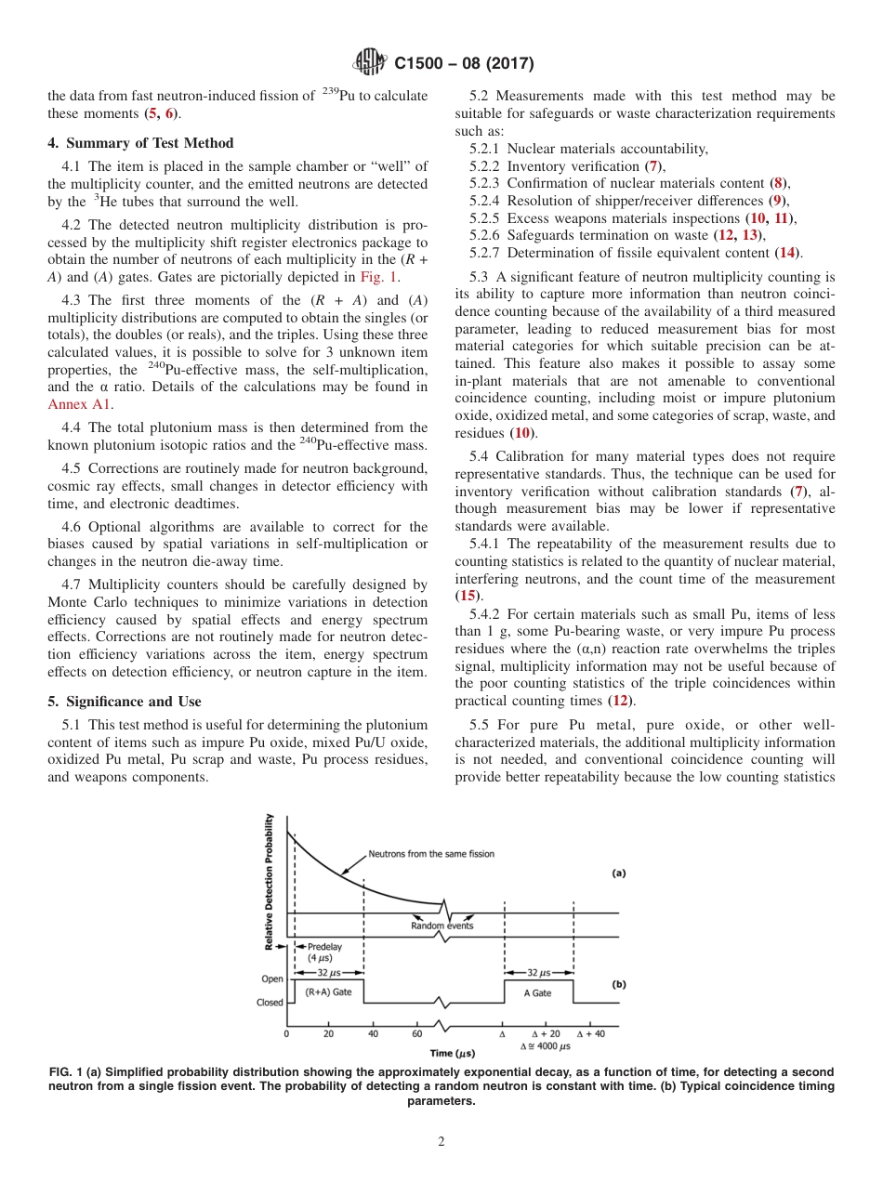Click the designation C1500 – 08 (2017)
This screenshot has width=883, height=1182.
point(464,64)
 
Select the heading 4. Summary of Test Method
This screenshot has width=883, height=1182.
point(140,143)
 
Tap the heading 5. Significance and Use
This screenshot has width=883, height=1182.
point(124,702)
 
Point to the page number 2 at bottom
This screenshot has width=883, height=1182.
point(441,1142)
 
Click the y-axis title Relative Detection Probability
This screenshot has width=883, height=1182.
point(270,881)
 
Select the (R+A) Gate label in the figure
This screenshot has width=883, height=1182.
point(328,992)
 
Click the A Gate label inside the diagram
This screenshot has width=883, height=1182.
point(537,993)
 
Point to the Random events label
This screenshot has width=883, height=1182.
point(441,926)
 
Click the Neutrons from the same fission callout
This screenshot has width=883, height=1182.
point(431,853)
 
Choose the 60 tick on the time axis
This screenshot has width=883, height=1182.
point(416,1033)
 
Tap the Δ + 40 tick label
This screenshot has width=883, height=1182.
point(591,1033)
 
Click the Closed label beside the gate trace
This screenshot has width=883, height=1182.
point(270,1003)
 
